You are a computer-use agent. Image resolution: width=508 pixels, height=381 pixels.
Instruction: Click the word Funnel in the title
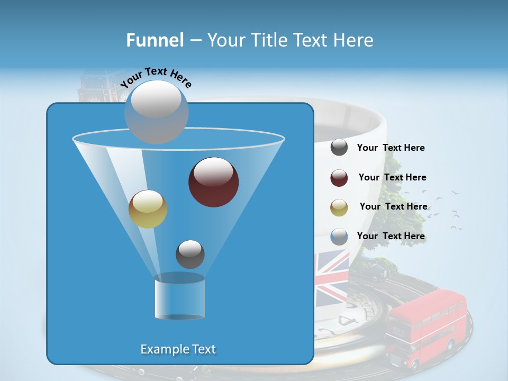[155, 40]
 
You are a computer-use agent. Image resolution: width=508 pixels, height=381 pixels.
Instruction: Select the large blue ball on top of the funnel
[157, 112]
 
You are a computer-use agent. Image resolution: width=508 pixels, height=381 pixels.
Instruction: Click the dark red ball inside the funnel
[214, 182]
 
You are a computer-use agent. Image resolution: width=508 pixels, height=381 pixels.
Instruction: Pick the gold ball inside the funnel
[148, 209]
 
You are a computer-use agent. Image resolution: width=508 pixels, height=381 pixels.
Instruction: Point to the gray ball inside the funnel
[190, 254]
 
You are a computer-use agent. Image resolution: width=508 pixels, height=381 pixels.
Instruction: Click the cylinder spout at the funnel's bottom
[179, 297]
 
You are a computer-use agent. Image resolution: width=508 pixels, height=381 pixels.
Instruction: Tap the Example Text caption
[178, 349]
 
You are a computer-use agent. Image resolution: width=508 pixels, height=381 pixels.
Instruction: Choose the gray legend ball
[339, 148]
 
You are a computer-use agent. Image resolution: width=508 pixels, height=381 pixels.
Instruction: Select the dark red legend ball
[339, 178]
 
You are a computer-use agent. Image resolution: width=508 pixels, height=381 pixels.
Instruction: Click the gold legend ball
[339, 207]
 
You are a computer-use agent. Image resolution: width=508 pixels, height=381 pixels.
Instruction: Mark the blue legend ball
[339, 237]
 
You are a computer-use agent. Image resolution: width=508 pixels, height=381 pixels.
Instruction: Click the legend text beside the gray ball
[391, 148]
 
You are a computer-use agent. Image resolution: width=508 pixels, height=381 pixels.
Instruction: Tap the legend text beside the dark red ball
[392, 178]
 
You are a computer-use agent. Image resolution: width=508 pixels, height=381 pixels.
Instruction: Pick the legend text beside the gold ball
[393, 207]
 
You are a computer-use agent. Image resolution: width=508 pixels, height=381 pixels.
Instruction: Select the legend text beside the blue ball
[391, 237]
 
